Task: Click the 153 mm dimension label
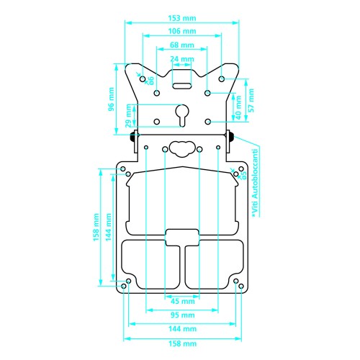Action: (x=182, y=18)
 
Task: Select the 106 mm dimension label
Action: (x=182, y=31)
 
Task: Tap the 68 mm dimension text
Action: (x=182, y=45)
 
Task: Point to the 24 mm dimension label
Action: (x=182, y=59)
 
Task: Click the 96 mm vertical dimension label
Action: (x=111, y=99)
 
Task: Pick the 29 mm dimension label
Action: (x=129, y=116)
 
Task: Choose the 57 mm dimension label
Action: (x=251, y=100)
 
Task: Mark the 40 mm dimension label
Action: (x=238, y=108)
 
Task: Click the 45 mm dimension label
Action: (x=183, y=301)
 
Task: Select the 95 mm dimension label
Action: (x=183, y=315)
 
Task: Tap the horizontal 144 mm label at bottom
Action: (x=183, y=329)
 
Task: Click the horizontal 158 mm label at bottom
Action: (x=183, y=343)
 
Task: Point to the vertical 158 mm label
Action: (x=96, y=227)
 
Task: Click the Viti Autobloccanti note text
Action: (x=255, y=184)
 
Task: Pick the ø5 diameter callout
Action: (x=244, y=175)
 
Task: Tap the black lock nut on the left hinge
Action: (x=132, y=137)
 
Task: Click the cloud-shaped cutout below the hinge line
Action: (x=182, y=149)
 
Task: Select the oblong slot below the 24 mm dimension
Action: (x=182, y=86)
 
